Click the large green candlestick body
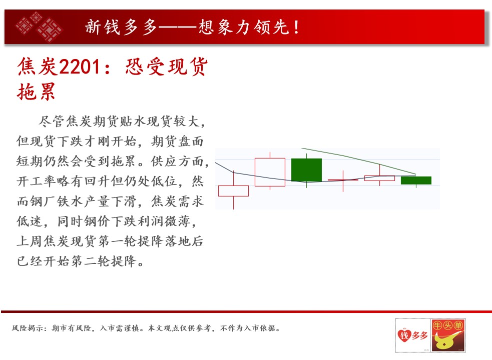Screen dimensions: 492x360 [x=306, y=170]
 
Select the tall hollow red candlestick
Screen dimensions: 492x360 [x=270, y=172]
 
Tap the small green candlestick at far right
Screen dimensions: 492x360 [x=416, y=180]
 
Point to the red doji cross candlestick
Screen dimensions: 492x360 [x=343, y=180]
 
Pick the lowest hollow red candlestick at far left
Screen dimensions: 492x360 [x=233, y=191]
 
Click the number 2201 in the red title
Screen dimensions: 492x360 [x=80, y=67]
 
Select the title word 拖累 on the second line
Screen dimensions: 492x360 [x=37, y=91]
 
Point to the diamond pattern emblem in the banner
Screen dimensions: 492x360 [x=39, y=27]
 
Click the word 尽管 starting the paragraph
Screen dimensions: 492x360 [x=51, y=121]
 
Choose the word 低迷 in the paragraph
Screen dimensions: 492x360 [x=30, y=221]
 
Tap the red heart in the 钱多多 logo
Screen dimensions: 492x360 [x=404, y=335]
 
